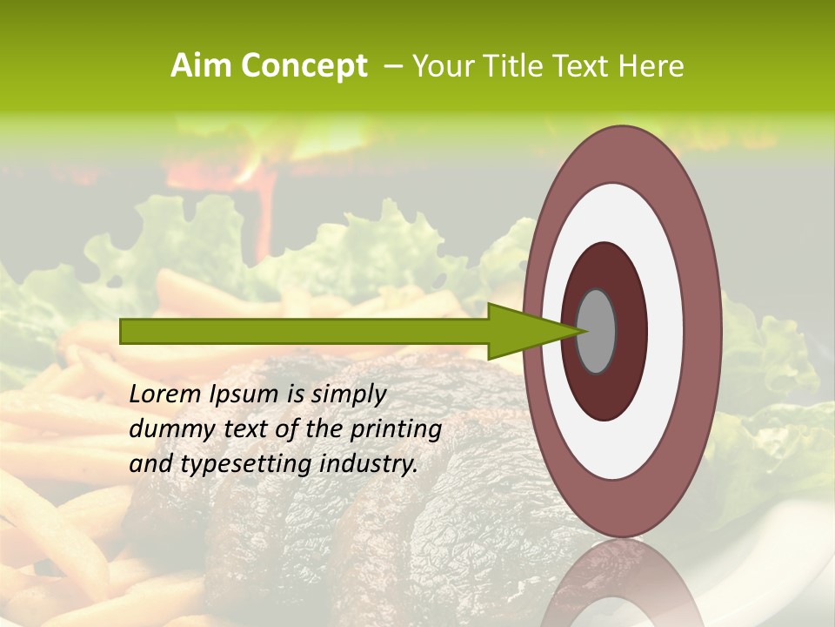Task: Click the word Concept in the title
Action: (x=304, y=67)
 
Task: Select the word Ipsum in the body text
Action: (x=244, y=395)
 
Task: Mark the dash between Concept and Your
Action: (x=392, y=66)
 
